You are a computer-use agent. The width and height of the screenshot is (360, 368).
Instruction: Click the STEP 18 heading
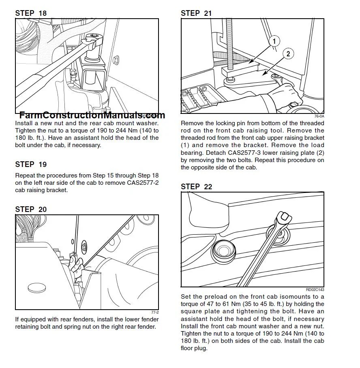click(31, 13)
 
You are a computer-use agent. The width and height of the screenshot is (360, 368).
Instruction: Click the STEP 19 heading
click(31, 164)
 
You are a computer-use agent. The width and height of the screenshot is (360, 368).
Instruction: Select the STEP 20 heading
click(31, 209)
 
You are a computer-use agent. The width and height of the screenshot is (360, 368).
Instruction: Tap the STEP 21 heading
click(196, 13)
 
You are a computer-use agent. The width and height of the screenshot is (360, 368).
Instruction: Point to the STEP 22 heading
click(196, 186)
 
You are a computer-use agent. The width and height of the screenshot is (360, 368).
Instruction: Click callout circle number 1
click(274, 41)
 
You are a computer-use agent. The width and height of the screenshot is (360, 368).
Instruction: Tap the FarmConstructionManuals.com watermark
click(92, 115)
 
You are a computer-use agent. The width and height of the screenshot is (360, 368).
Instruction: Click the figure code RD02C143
click(315, 289)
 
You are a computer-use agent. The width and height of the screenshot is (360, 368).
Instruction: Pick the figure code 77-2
click(154, 312)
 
